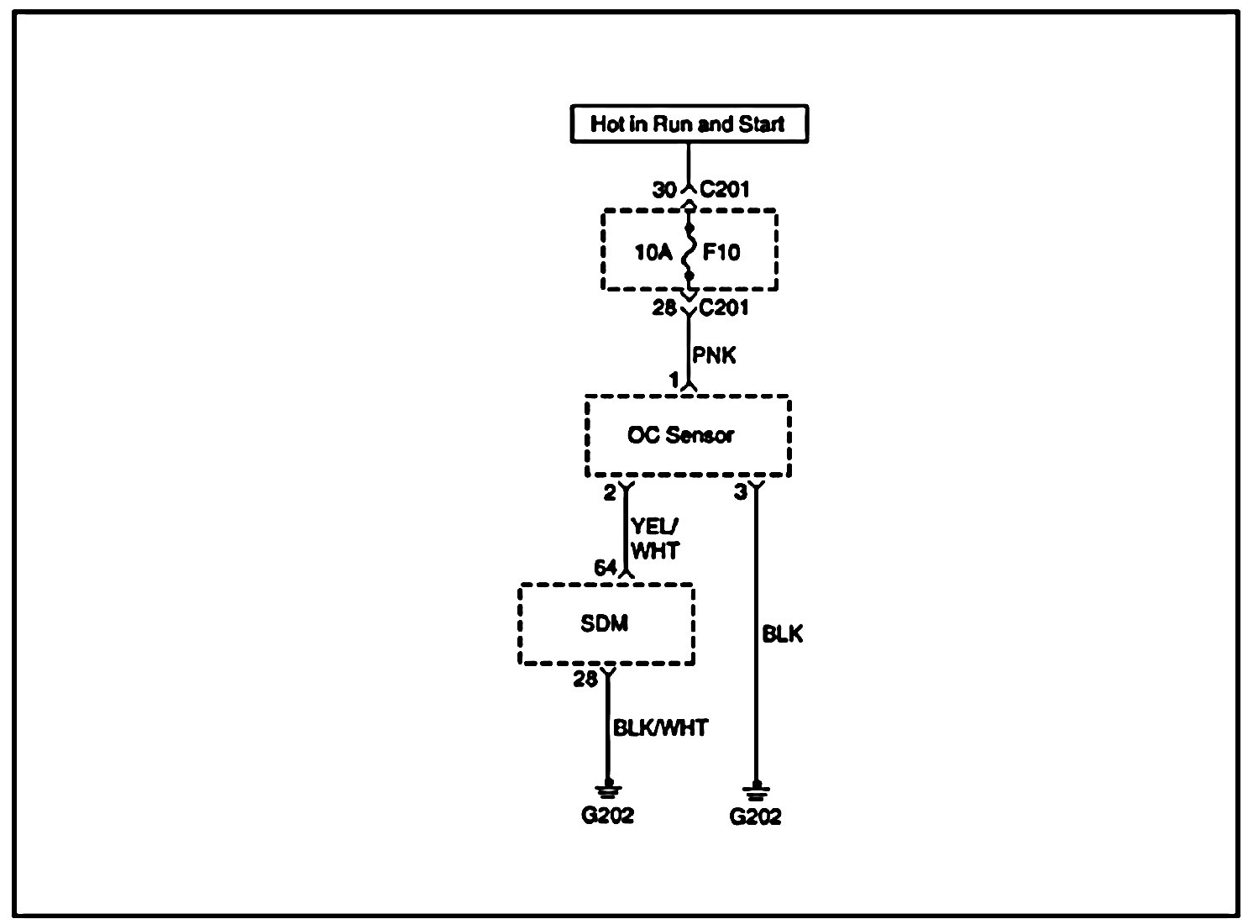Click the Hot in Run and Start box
click(x=689, y=124)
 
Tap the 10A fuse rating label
click(x=653, y=251)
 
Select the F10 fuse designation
click(x=721, y=251)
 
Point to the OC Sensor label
click(x=680, y=435)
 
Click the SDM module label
click(x=605, y=623)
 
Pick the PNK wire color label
click(x=714, y=355)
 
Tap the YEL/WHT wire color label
click(x=655, y=538)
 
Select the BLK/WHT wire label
click(x=660, y=727)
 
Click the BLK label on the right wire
click(x=782, y=634)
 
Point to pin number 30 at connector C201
click(x=664, y=191)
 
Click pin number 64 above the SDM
click(x=606, y=568)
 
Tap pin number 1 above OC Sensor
click(x=674, y=381)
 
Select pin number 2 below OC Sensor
click(x=610, y=492)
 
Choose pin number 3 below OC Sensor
click(x=740, y=492)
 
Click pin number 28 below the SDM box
click(x=585, y=679)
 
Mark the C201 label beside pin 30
click(x=725, y=191)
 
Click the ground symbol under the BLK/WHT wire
click(x=606, y=789)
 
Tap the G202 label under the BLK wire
click(x=755, y=816)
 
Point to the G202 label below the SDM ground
click(x=607, y=815)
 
